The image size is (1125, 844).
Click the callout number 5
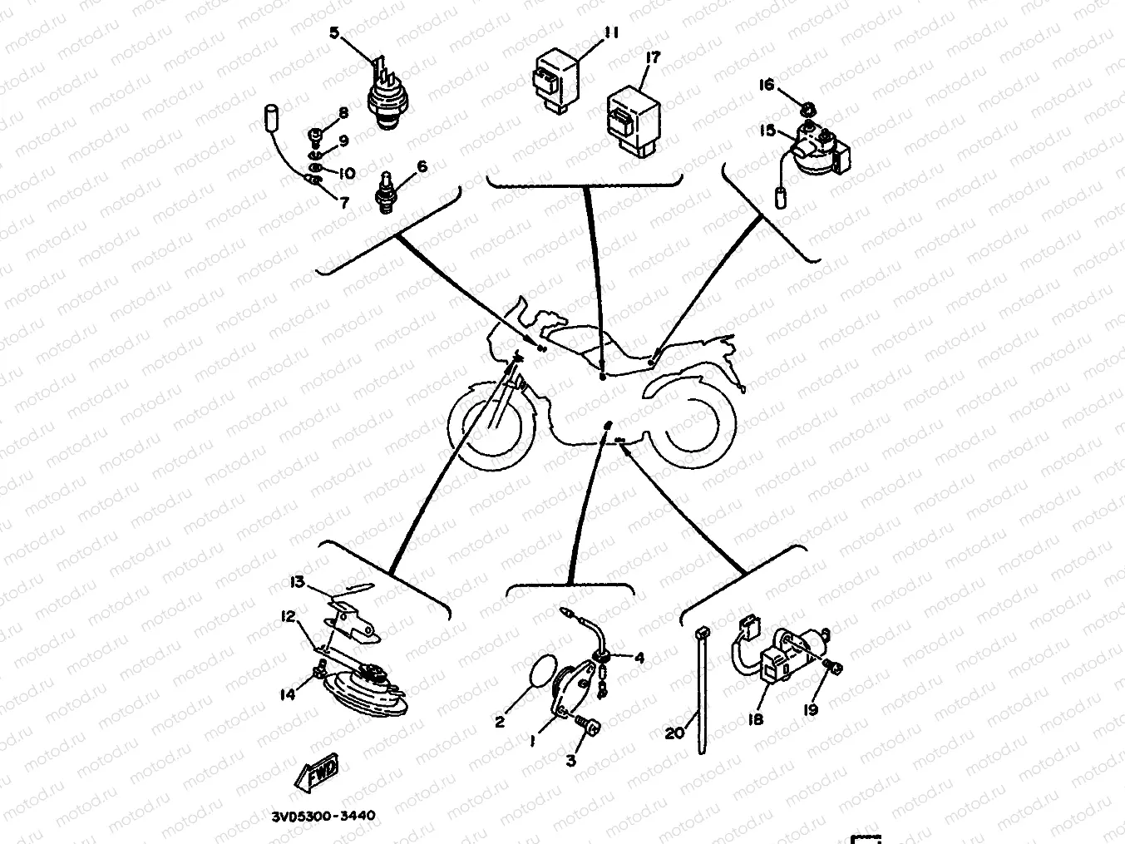point(334,33)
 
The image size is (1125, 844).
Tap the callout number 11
point(611,32)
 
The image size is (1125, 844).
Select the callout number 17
point(653,57)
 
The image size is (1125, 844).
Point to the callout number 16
point(767,85)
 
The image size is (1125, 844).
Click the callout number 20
point(674,733)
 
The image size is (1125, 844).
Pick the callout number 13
point(298,582)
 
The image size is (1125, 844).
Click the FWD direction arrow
point(317,771)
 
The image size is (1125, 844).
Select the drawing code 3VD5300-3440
point(323,815)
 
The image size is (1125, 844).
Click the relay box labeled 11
point(556,81)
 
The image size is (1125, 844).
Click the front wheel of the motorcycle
point(492,427)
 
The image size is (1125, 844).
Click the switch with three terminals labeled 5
point(390,94)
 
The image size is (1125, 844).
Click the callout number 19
point(811,710)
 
